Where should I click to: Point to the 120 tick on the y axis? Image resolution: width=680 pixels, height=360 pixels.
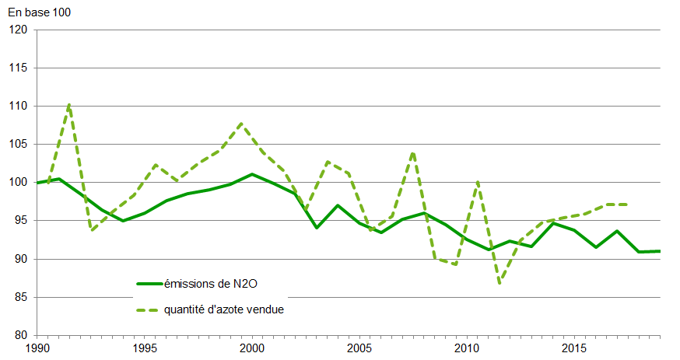point(18,30)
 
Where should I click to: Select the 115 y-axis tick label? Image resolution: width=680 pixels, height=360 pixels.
point(18,68)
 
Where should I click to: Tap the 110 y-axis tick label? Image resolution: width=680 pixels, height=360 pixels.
point(18,106)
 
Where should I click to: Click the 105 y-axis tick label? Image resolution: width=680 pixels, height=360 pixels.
point(18,144)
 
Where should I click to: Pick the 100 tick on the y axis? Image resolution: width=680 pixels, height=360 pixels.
point(18,182)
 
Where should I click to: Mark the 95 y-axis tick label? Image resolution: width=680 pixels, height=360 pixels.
point(21,220)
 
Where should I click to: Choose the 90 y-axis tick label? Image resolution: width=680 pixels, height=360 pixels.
point(21,258)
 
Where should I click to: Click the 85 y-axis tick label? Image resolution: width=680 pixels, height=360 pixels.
point(21,297)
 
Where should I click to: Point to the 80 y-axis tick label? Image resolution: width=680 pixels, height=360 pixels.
point(21,335)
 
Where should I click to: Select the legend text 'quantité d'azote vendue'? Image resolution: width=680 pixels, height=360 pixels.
point(223,309)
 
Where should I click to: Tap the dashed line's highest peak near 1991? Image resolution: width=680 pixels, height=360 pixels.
point(69,103)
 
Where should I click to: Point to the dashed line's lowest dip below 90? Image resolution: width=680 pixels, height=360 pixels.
point(499,283)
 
